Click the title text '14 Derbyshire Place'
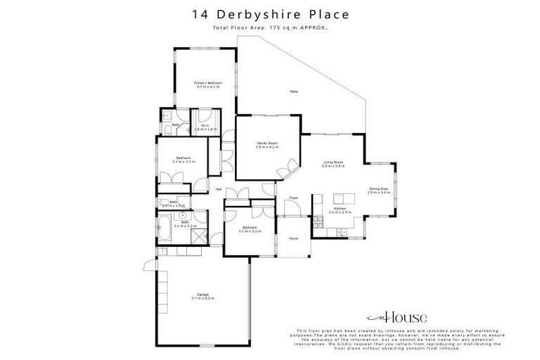coord(269,14)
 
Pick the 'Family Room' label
coord(267,145)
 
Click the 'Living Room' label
coord(333,164)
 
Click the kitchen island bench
coord(342,198)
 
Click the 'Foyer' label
coord(294,198)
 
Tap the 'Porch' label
coord(293,238)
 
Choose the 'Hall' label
coord(219,189)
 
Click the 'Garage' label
coord(203,296)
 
